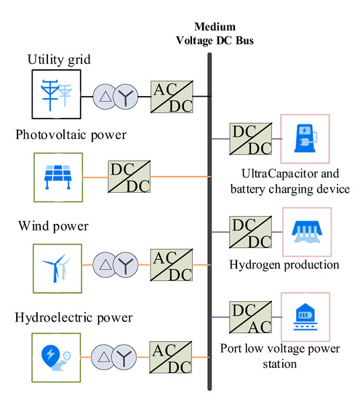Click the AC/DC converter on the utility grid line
[x=170, y=95]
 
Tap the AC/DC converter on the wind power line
[x=170, y=268]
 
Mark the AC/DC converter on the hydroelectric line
[x=170, y=359]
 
